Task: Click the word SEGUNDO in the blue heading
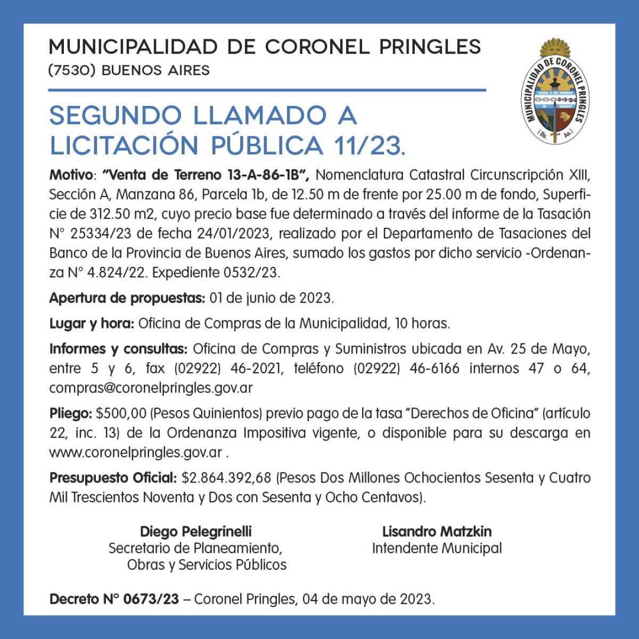pyautogui.click(x=116, y=116)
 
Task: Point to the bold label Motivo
pyautogui.click(x=71, y=175)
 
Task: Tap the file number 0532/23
pyautogui.click(x=252, y=273)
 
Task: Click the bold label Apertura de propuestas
pyautogui.click(x=127, y=298)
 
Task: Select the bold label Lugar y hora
pyautogui.click(x=92, y=323)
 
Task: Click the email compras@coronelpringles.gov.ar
pyautogui.click(x=151, y=388)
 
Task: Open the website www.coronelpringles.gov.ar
pyautogui.click(x=136, y=453)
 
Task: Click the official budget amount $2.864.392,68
pyautogui.click(x=226, y=478)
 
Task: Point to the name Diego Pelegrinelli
pyautogui.click(x=196, y=531)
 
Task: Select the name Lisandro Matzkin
pyautogui.click(x=437, y=531)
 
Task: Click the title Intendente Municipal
pyautogui.click(x=437, y=548)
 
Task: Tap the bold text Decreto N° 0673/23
pyautogui.click(x=114, y=599)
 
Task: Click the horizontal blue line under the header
pyautogui.click(x=267, y=90)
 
